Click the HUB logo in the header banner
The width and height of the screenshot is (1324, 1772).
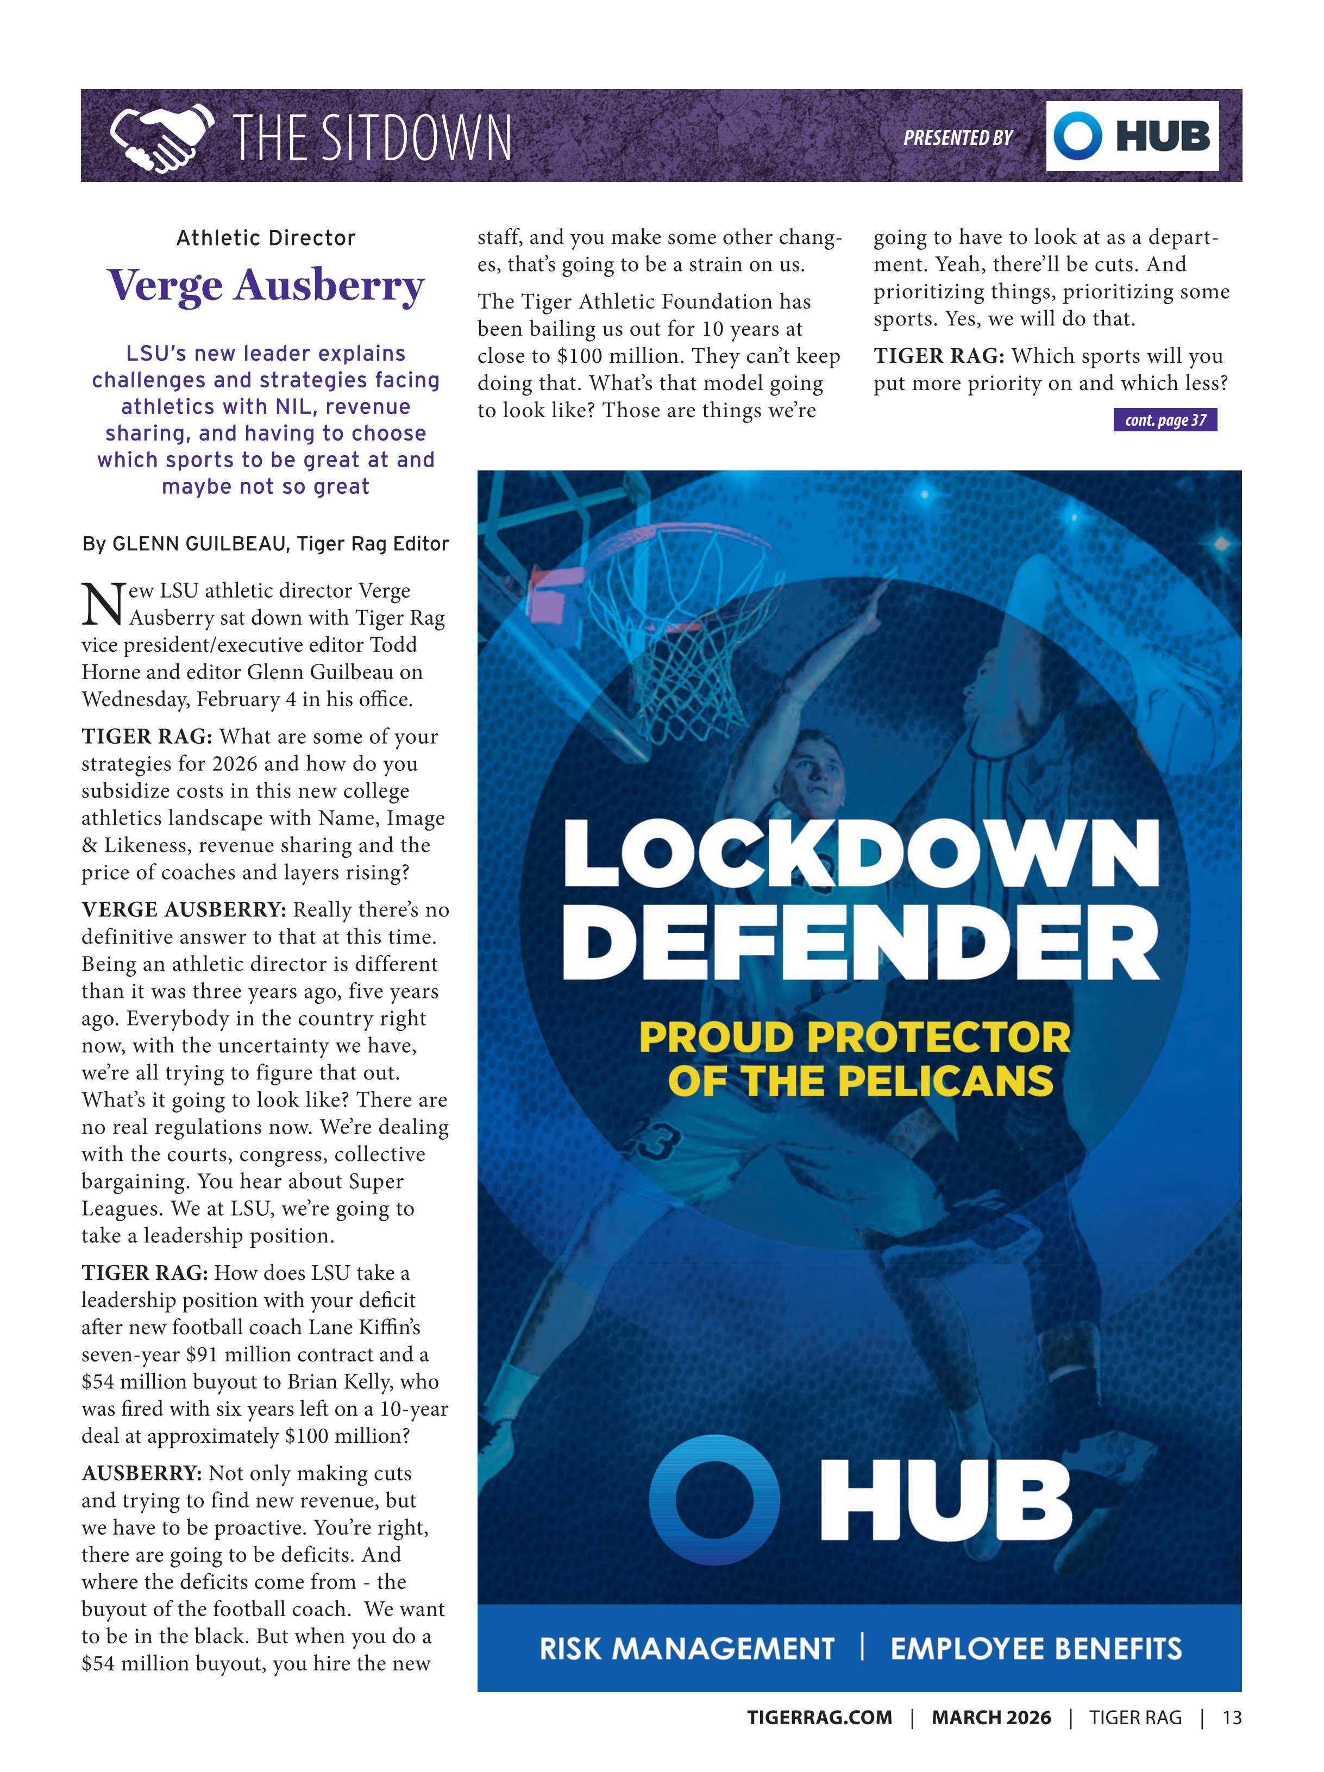coord(1131,136)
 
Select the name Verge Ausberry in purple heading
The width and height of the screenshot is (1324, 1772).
coord(265,286)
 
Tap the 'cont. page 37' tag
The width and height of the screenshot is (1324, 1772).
coord(1165,420)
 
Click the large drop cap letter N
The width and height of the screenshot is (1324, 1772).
coord(103,604)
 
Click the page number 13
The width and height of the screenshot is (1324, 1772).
coord(1231,1718)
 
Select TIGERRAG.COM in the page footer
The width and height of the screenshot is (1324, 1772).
coord(819,1718)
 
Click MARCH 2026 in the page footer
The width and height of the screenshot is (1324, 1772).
coord(991,1718)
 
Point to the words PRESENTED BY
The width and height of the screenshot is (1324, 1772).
coord(958,138)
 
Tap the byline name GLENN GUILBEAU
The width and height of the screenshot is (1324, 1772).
coord(199,544)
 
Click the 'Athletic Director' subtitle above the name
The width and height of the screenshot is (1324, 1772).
coord(266,238)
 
